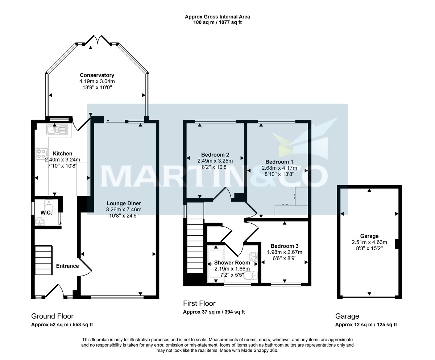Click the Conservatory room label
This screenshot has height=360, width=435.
point(97,75)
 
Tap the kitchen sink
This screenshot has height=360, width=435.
point(57,129)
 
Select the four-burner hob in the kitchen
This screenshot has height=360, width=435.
point(41,154)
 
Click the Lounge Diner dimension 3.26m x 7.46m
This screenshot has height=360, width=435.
point(124,210)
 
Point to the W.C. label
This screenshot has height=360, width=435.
point(46,212)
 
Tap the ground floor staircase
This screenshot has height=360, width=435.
point(43,260)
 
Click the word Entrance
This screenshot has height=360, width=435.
point(67,266)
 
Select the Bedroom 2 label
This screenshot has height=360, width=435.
point(215,155)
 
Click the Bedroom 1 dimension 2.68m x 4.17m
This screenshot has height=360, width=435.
point(279,168)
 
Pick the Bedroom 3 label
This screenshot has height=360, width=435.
point(285,246)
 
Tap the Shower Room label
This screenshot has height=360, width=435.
point(232,263)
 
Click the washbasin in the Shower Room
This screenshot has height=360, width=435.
point(254,256)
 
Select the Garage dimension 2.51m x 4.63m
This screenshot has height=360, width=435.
point(369,242)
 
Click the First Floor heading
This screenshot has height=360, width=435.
point(199,303)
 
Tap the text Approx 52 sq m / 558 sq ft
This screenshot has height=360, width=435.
point(62,324)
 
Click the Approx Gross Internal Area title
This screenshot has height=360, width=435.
point(217,17)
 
